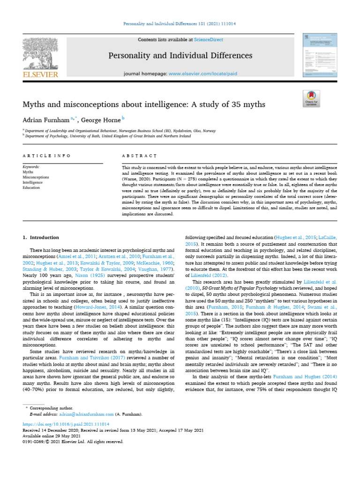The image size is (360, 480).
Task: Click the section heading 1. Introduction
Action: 41,238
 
